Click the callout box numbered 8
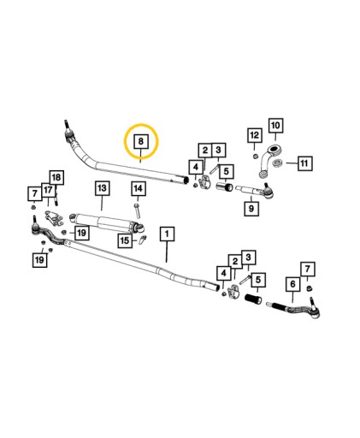click(x=141, y=141)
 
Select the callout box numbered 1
click(x=167, y=234)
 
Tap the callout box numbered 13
click(x=102, y=188)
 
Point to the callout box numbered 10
click(x=275, y=126)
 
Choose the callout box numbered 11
click(x=305, y=163)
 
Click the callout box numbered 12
click(x=255, y=135)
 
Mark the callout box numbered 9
click(x=251, y=209)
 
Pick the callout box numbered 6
click(x=292, y=284)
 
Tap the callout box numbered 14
click(x=139, y=188)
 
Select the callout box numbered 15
click(x=125, y=241)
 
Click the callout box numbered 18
click(x=56, y=178)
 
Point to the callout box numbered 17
click(x=48, y=190)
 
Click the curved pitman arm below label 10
click(x=269, y=161)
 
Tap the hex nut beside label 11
click(x=277, y=163)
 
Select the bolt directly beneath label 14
click(x=138, y=210)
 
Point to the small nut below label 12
click(x=256, y=156)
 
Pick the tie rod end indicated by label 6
click(x=294, y=307)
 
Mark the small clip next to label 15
click(x=142, y=240)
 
